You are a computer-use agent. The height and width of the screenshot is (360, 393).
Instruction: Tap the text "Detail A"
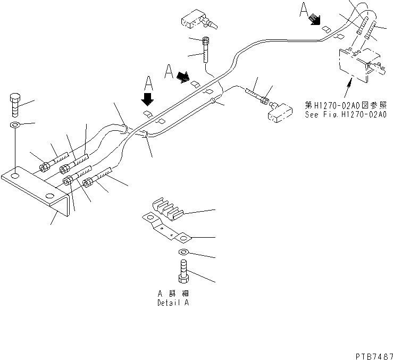[172, 303]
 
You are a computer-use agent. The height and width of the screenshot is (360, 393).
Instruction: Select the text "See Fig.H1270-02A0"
[345, 114]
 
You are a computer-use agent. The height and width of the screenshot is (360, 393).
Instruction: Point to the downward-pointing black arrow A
[147, 99]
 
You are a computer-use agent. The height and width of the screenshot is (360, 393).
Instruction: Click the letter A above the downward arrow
[148, 82]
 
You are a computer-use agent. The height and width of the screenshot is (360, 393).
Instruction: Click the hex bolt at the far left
[15, 107]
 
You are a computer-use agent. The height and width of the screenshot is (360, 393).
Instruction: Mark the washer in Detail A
[183, 252]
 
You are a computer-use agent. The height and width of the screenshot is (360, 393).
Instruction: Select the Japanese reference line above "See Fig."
[345, 105]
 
